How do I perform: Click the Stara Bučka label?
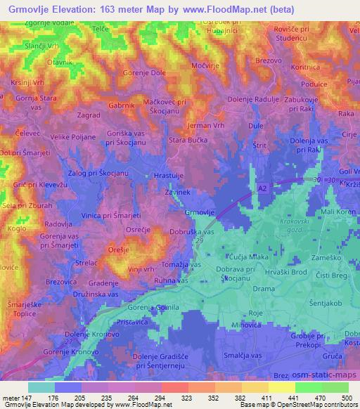187,140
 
